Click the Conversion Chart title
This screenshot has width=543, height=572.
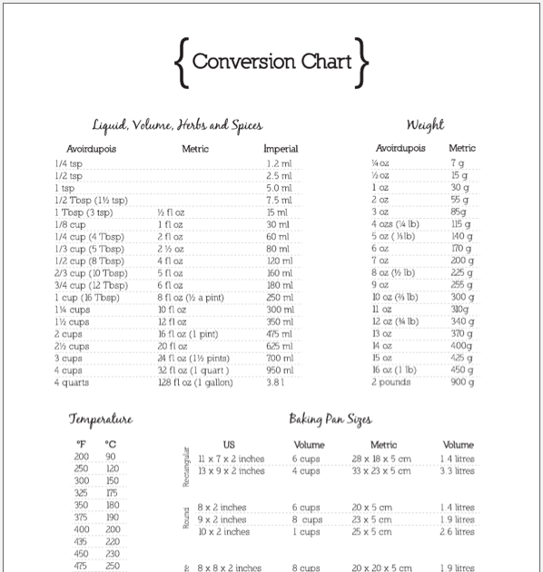(271, 63)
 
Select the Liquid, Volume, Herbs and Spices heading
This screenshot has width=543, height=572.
(177, 124)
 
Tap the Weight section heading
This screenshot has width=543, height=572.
(425, 124)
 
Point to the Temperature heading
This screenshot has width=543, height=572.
(101, 419)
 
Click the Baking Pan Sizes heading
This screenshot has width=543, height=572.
(330, 419)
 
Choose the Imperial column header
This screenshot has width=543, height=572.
(281, 148)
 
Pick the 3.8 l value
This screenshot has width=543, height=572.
(276, 382)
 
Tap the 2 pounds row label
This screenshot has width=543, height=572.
(391, 382)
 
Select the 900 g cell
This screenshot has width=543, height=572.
(462, 382)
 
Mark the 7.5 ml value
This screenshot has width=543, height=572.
(279, 200)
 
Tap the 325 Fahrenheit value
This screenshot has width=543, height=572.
(82, 493)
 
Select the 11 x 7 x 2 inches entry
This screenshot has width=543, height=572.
(231, 459)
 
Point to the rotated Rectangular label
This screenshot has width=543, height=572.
(187, 466)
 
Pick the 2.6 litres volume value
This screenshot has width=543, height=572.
(458, 531)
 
